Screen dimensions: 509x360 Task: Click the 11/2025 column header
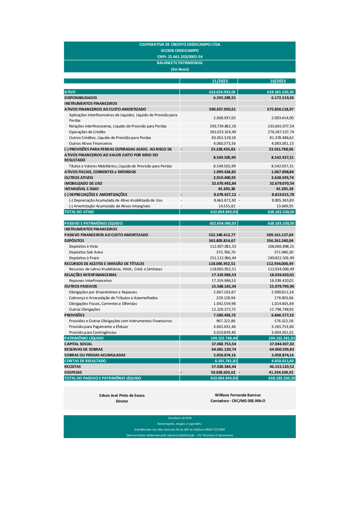[x=220, y=81]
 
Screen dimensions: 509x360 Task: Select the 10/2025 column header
[x=278, y=81]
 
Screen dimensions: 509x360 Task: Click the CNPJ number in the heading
[x=180, y=57]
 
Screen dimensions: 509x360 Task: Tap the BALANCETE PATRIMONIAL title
[x=180, y=63]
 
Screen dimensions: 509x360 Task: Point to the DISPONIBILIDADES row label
[x=81, y=98]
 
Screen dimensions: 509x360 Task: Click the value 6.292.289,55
[x=224, y=98]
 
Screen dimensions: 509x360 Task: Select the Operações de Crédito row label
[x=87, y=132]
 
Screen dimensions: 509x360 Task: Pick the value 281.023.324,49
[x=223, y=132]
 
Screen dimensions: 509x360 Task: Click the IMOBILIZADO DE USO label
[x=83, y=183]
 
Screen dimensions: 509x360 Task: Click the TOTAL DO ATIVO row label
[x=79, y=212]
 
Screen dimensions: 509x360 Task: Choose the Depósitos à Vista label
[x=83, y=246]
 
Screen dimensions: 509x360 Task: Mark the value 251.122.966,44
[x=223, y=258]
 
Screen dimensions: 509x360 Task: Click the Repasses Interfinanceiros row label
[x=90, y=280]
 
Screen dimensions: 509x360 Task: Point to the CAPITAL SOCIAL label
[x=78, y=344]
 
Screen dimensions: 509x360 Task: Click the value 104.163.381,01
[x=282, y=338]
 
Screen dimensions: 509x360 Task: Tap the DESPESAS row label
[x=73, y=372]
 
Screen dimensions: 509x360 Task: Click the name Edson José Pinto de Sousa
[x=122, y=395]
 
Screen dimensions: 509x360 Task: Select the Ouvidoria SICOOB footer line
[x=180, y=418]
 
